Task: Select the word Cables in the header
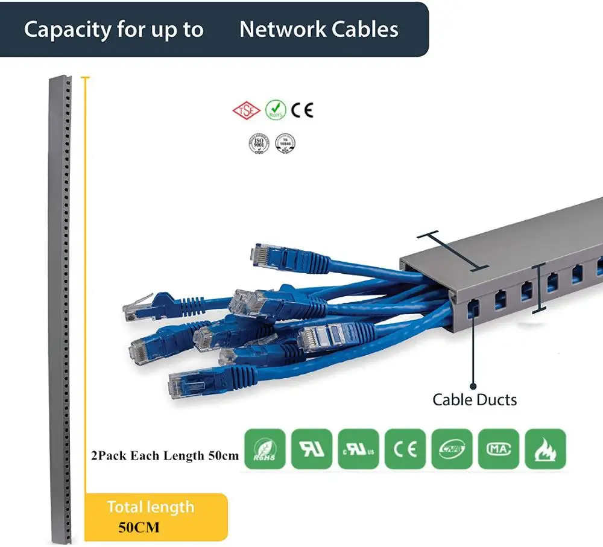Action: [364, 30]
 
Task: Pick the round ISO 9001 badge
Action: [258, 143]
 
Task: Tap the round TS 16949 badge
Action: [285, 143]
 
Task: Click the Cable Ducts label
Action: [475, 399]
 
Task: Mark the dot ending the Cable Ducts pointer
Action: [473, 385]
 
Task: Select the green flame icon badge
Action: [545, 449]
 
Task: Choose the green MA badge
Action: [499, 449]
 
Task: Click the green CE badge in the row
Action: [405, 449]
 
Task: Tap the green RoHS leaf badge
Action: [264, 449]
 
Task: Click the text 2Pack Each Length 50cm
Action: [165, 455]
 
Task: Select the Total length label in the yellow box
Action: [151, 507]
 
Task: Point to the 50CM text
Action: [139, 527]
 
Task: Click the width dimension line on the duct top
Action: [453, 251]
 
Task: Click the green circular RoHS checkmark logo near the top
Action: [276, 110]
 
